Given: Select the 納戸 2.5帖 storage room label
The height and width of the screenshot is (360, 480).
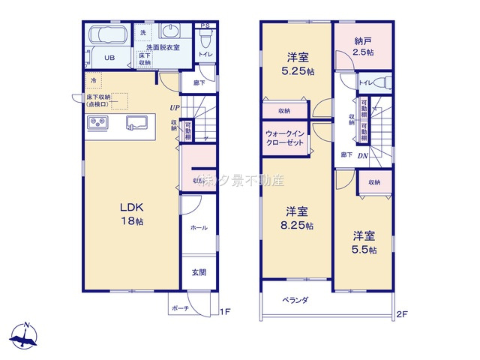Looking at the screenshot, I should [364, 46].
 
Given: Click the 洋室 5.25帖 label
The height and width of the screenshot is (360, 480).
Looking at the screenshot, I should [297, 63].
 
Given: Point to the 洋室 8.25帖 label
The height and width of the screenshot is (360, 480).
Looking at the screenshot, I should [297, 218].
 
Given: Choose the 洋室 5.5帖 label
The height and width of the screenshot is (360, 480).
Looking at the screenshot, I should [364, 242].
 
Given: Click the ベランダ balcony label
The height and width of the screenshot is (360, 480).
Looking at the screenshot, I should [295, 300].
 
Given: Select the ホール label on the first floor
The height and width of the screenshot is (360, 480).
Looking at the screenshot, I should [198, 227].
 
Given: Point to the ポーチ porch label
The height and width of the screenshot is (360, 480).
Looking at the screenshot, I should [180, 308].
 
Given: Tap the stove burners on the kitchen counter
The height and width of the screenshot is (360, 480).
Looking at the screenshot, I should [98, 123].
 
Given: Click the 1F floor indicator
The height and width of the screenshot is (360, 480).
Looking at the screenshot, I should [224, 312].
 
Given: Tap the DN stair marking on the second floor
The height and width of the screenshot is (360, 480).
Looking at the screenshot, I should [361, 155].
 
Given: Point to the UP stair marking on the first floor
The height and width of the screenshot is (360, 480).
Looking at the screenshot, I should [174, 108].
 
